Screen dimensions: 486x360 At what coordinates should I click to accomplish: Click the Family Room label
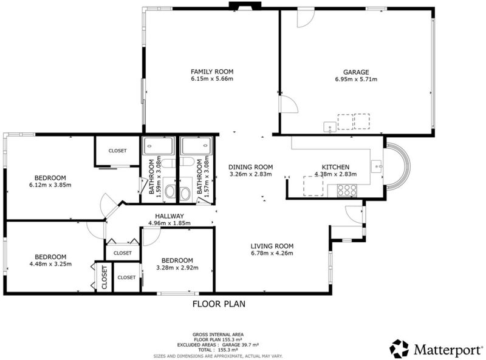pyautogui.click(x=212, y=72)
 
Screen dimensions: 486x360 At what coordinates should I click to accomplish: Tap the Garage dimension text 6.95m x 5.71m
pyautogui.click(x=356, y=80)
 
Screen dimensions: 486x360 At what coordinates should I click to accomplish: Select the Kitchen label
pyautogui.click(x=336, y=167)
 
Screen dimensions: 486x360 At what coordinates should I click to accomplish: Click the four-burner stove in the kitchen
pyautogui.click(x=347, y=190)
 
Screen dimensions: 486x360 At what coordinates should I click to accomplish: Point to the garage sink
pyautogui.click(x=330, y=127)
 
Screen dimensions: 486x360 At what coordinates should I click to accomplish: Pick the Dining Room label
pyautogui.click(x=251, y=167)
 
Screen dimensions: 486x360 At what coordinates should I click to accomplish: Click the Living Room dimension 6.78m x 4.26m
pyautogui.click(x=272, y=253)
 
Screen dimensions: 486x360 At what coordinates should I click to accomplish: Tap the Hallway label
pyautogui.click(x=169, y=216)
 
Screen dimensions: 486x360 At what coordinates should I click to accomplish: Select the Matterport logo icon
pyautogui.click(x=400, y=348)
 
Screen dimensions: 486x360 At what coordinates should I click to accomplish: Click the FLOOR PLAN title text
pyautogui.click(x=219, y=304)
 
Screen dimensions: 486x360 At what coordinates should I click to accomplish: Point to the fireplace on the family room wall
pyautogui.click(x=245, y=5)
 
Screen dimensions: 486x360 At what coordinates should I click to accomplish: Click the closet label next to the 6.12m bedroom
pyautogui.click(x=117, y=151)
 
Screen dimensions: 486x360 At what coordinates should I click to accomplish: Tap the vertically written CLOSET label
pyautogui.click(x=104, y=277)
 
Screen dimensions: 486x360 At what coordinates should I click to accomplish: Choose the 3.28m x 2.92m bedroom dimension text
pyautogui.click(x=177, y=268)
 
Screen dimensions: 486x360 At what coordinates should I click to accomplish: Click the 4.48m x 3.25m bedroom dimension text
pyautogui.click(x=50, y=264)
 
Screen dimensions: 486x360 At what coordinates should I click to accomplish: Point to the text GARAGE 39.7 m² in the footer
pyautogui.click(x=240, y=344)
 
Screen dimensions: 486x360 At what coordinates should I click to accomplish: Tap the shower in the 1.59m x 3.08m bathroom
pyautogui.click(x=159, y=146)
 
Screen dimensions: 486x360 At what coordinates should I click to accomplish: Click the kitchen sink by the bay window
pyautogui.click(x=377, y=166)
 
